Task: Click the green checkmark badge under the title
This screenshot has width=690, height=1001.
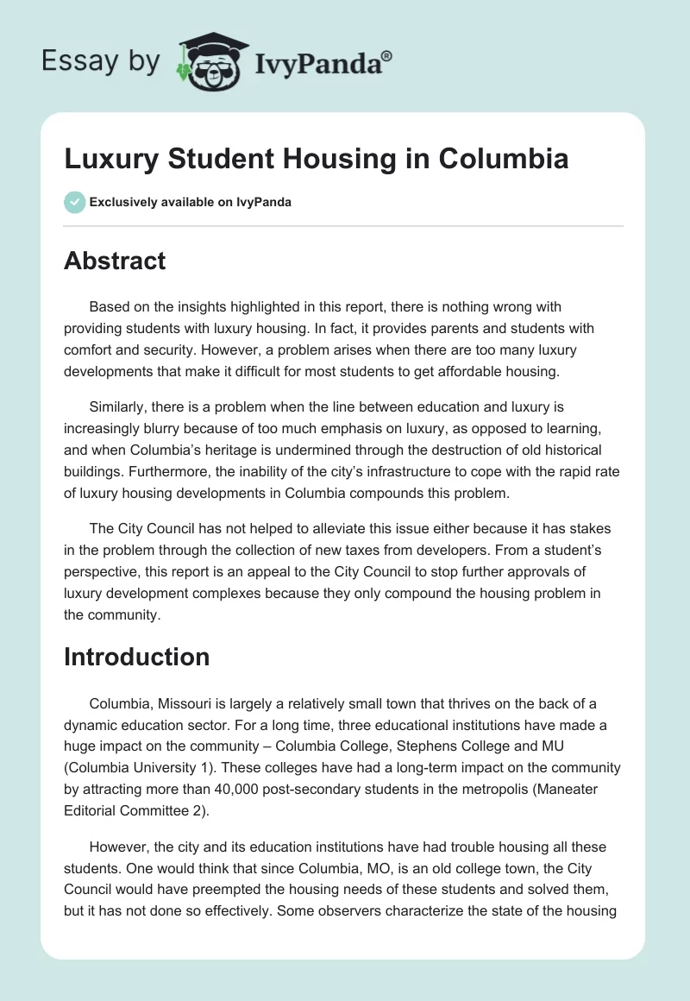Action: pos(75,202)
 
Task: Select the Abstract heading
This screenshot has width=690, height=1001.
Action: pos(115,261)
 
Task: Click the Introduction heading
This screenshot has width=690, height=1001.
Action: pos(136,657)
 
